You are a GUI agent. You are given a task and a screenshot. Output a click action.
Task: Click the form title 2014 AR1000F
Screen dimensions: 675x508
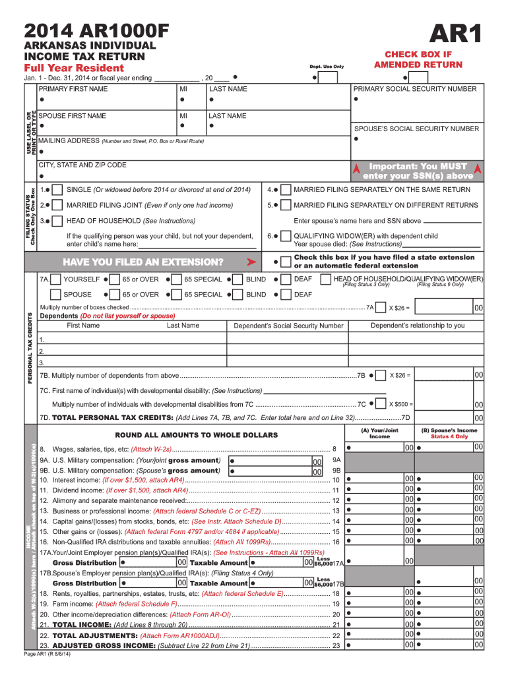(x=96, y=30)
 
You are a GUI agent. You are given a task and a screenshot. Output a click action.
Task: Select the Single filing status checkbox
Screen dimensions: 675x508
(x=58, y=190)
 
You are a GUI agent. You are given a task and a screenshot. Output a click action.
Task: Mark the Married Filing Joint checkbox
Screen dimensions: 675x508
(x=58, y=205)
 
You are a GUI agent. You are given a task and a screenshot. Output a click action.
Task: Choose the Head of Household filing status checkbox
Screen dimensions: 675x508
(x=58, y=221)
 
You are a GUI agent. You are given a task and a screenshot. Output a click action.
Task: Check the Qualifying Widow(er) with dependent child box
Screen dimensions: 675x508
(x=285, y=236)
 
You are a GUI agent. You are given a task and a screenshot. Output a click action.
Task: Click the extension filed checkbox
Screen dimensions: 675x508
(x=285, y=262)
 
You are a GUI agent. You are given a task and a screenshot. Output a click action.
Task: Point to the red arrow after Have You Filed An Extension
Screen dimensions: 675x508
(x=251, y=262)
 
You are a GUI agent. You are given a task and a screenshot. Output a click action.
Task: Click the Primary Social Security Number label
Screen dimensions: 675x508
(x=415, y=89)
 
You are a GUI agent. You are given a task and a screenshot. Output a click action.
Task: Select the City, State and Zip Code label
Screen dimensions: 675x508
(x=82, y=165)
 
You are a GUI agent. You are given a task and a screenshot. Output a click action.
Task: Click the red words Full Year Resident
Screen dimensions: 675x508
(x=74, y=69)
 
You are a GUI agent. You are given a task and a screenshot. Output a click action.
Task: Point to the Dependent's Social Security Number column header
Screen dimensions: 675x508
(x=288, y=326)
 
